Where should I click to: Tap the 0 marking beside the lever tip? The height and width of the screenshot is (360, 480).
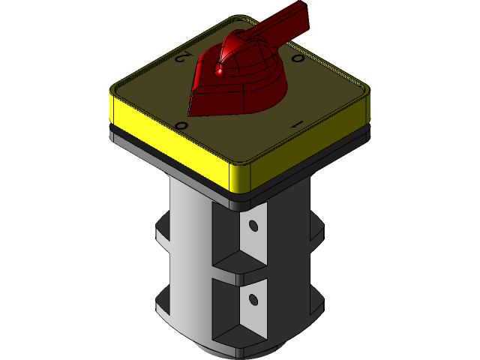point(297,58)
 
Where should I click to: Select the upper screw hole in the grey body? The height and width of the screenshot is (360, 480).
point(253,225)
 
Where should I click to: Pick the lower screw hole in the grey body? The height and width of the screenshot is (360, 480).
point(253,300)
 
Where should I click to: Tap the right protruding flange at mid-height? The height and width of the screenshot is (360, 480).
point(317,232)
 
